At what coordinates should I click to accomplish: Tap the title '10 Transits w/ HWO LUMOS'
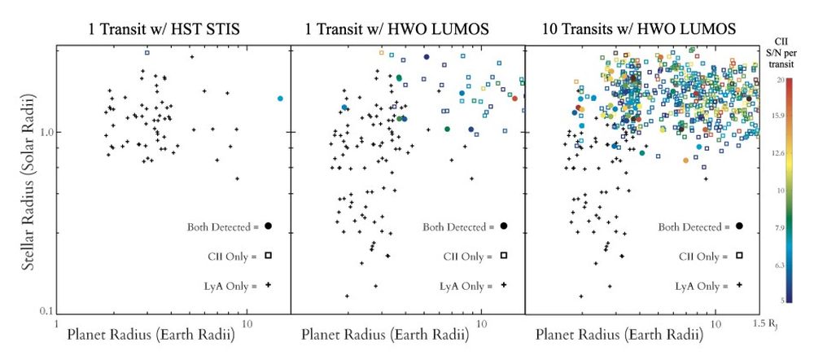(x=640, y=30)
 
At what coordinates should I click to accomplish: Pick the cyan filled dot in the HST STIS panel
(x=280, y=99)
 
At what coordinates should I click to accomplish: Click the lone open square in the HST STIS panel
(x=147, y=52)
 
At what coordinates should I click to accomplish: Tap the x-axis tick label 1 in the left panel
(x=55, y=323)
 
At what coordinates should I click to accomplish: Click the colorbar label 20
(x=780, y=80)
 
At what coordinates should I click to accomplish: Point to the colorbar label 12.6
(x=780, y=152)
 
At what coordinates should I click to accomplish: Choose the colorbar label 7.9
(x=780, y=228)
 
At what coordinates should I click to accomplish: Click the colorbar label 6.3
(x=780, y=265)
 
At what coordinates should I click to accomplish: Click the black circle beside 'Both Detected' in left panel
(x=268, y=226)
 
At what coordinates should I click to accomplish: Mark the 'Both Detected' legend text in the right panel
(x=692, y=226)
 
